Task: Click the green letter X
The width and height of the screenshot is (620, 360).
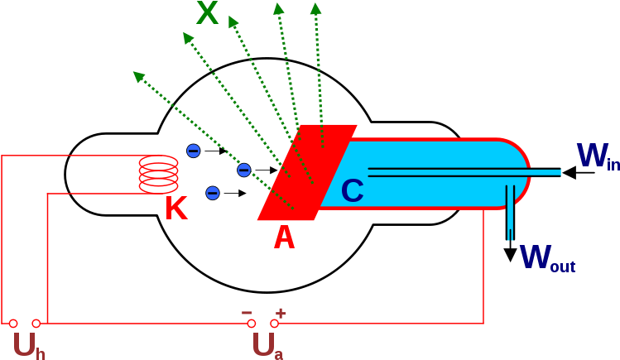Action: point(208,14)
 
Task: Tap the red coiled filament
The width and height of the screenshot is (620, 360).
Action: point(158,175)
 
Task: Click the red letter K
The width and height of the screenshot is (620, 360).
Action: point(175,209)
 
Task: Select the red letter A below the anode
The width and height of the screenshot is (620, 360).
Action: point(284,238)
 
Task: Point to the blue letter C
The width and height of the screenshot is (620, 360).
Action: point(352,192)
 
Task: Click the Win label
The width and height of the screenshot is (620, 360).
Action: point(597,157)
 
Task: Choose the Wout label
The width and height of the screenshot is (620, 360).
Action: point(546,258)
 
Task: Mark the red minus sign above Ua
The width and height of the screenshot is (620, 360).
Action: point(247,313)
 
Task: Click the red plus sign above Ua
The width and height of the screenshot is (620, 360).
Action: point(281,313)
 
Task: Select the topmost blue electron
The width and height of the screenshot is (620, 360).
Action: point(193,151)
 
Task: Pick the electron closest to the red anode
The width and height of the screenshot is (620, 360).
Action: point(243,170)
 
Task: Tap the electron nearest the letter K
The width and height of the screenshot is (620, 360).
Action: point(212,193)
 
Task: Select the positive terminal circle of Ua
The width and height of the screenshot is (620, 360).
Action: point(274,324)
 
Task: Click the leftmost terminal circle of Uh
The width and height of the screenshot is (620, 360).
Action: point(12,324)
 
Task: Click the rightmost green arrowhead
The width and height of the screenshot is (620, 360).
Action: point(315,8)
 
